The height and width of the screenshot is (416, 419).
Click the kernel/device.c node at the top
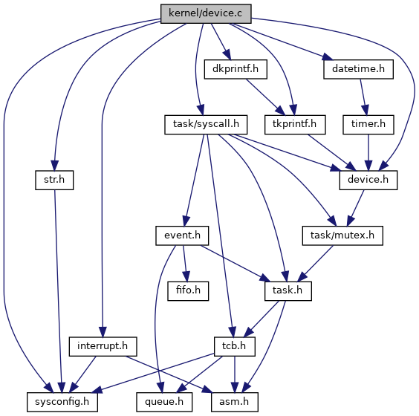pos(206,13)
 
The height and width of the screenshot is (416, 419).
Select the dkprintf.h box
pos(236,69)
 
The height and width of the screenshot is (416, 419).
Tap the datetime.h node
pos(358,69)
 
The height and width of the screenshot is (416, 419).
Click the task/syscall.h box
pos(206,125)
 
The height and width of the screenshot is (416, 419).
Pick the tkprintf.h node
pos(295,125)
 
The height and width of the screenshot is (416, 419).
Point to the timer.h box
pos(368,125)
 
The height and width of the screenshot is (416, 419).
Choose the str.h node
pos(54,180)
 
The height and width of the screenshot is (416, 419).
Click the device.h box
pos(368,180)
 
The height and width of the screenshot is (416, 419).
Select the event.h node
pos(182,235)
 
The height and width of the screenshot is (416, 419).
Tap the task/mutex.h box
pos(342,235)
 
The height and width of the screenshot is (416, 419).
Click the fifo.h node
pos(188,291)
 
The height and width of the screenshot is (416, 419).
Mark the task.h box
pos(288,291)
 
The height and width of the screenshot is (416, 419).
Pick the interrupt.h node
pos(103,346)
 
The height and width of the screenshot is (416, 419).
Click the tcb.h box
pos(235,346)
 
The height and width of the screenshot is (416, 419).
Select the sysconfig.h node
pos(62,402)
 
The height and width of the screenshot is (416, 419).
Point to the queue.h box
pos(164,402)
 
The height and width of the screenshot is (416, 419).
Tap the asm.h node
pos(235,402)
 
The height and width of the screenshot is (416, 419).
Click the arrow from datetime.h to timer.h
pos(363,97)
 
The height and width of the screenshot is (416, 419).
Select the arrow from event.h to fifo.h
pos(185,263)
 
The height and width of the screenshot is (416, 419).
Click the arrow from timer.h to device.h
pos(368,152)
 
